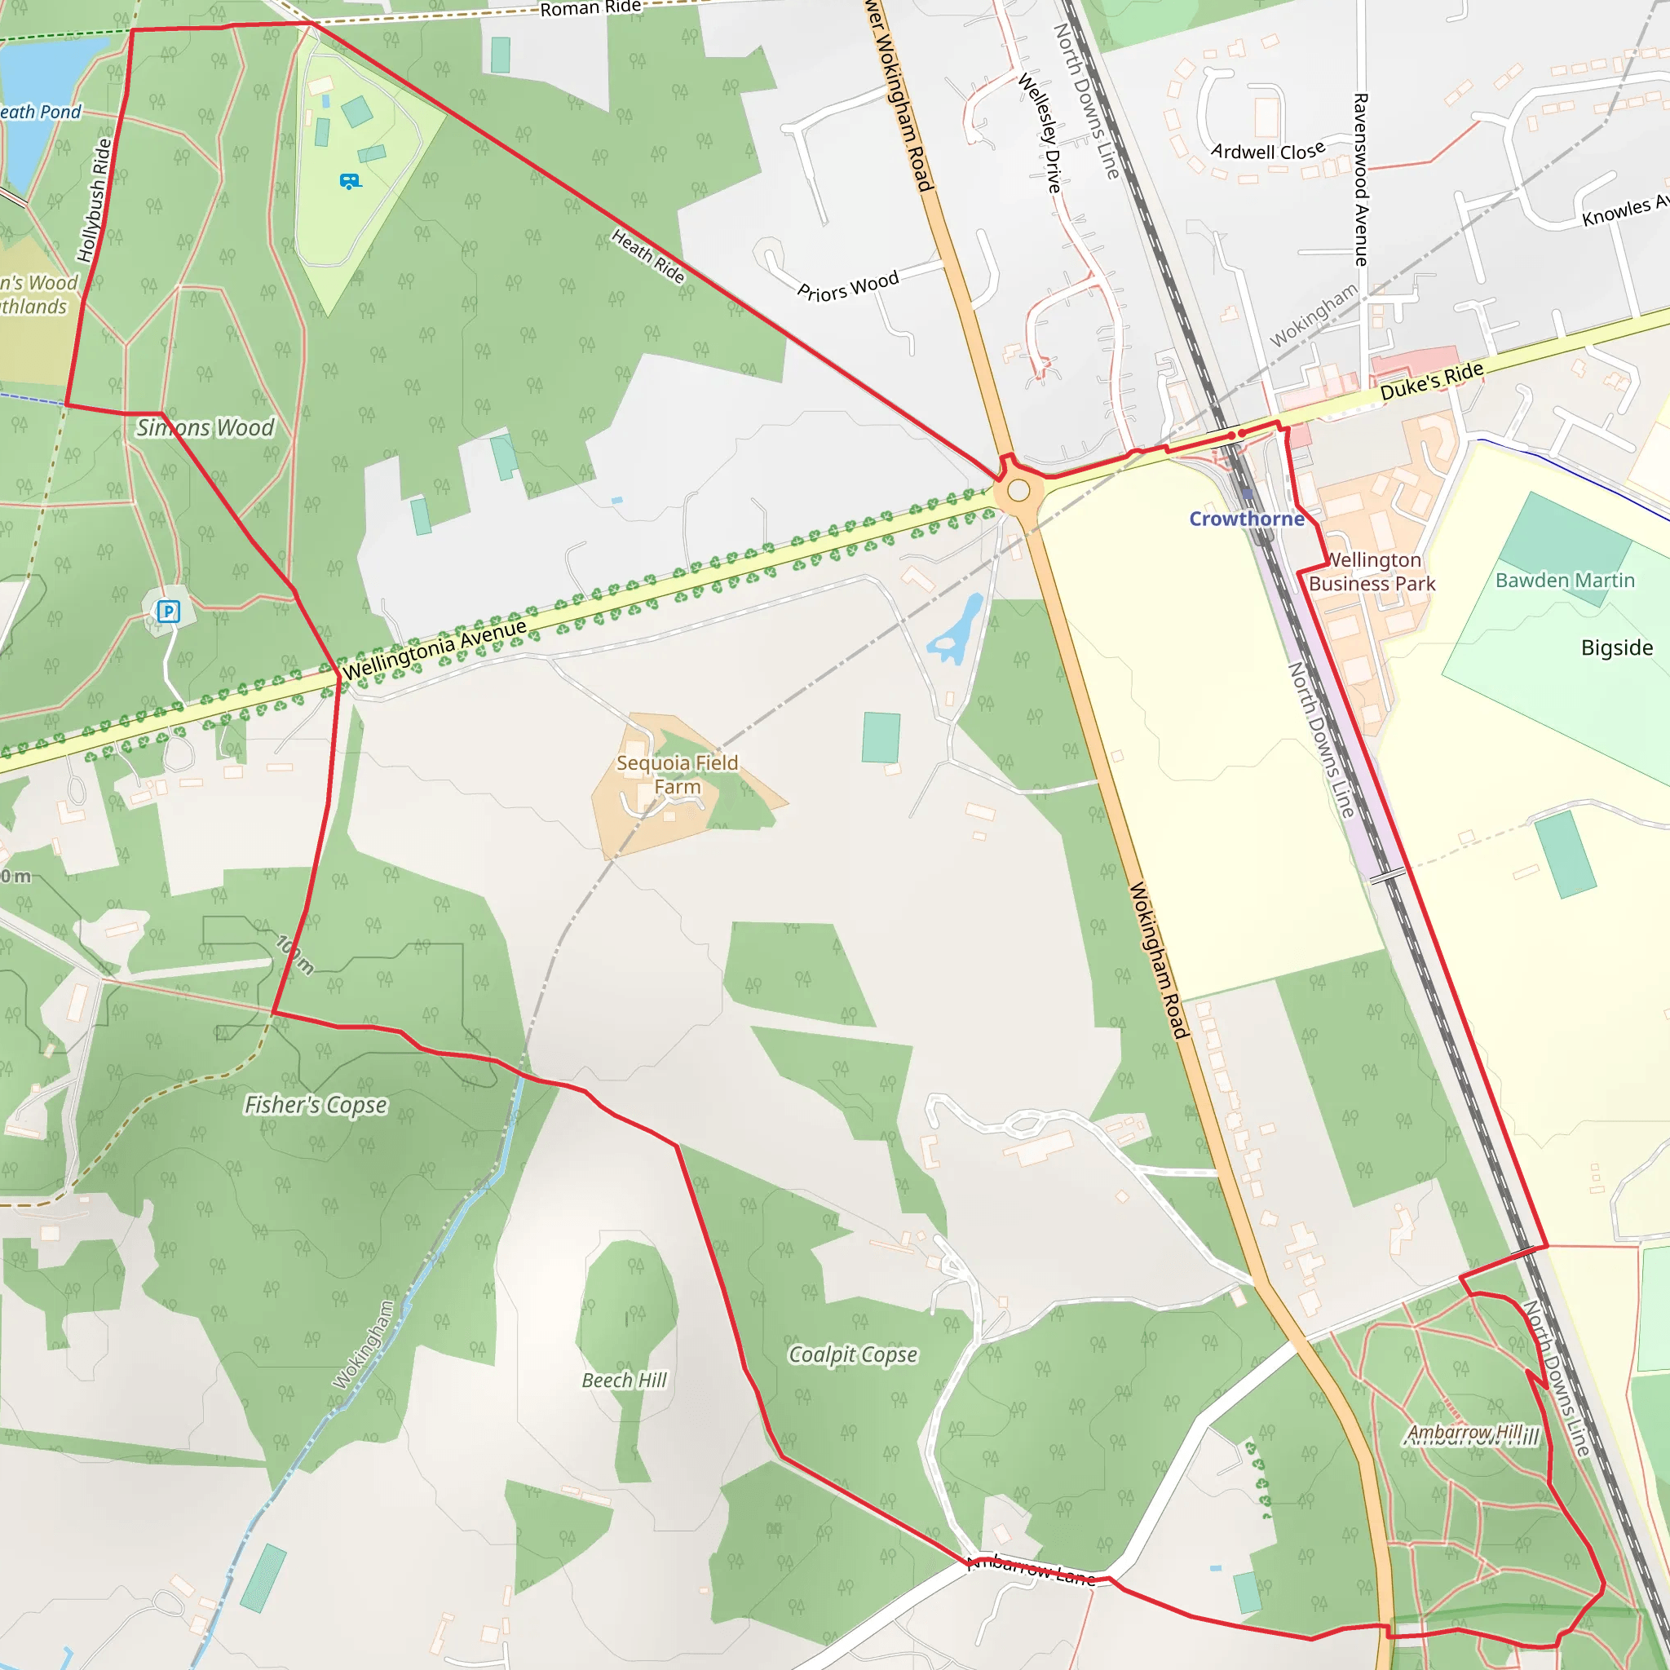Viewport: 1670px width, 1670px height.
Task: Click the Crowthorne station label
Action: click(x=1247, y=519)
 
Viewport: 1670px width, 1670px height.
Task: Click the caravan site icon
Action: click(x=349, y=182)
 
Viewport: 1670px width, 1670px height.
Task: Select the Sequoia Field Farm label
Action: click(x=677, y=775)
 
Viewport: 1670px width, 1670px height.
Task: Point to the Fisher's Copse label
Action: click(x=316, y=1105)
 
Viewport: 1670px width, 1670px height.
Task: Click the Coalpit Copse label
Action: click(x=852, y=1354)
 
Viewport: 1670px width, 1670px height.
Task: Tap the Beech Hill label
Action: click(x=624, y=1381)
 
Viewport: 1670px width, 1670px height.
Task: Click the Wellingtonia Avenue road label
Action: click(x=435, y=649)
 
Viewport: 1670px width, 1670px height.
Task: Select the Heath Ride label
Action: click(x=648, y=256)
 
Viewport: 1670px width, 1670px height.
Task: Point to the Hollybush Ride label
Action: click(x=95, y=201)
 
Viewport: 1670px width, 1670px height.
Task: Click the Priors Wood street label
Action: click(x=848, y=286)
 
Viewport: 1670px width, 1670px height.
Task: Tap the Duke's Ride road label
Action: click(x=1431, y=381)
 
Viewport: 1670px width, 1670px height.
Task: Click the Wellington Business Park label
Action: click(x=1372, y=572)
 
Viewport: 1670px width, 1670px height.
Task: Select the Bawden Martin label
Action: click(x=1565, y=580)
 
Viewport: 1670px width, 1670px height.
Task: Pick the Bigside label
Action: click(x=1616, y=647)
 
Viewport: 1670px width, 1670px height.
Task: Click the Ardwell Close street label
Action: click(x=1268, y=152)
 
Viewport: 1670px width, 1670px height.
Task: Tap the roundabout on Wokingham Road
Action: click(x=1019, y=491)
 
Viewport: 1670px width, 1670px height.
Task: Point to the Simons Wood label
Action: click(x=205, y=428)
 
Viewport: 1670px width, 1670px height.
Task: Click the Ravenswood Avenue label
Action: click(x=1361, y=179)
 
